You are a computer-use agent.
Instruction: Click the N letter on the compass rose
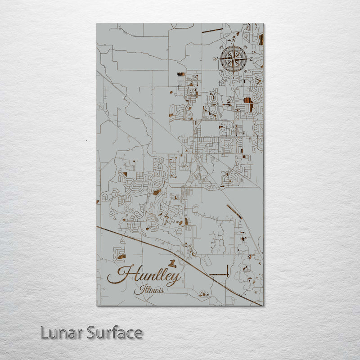(x=233, y=40)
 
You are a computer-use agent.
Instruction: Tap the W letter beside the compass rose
(x=215, y=59)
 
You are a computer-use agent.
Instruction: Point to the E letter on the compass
(x=251, y=59)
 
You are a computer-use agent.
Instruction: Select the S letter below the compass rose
(x=233, y=76)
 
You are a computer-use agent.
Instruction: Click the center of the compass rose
(x=233, y=58)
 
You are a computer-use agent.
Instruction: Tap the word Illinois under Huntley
(x=148, y=289)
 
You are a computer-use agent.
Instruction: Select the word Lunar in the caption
(x=58, y=333)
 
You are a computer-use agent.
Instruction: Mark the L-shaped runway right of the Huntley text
(x=220, y=274)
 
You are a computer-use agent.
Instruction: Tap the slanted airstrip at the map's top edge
(x=212, y=31)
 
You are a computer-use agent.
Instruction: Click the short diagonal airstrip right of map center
(x=234, y=211)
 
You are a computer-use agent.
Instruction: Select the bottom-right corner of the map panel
(x=263, y=306)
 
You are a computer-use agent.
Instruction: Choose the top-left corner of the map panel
(x=97, y=24)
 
